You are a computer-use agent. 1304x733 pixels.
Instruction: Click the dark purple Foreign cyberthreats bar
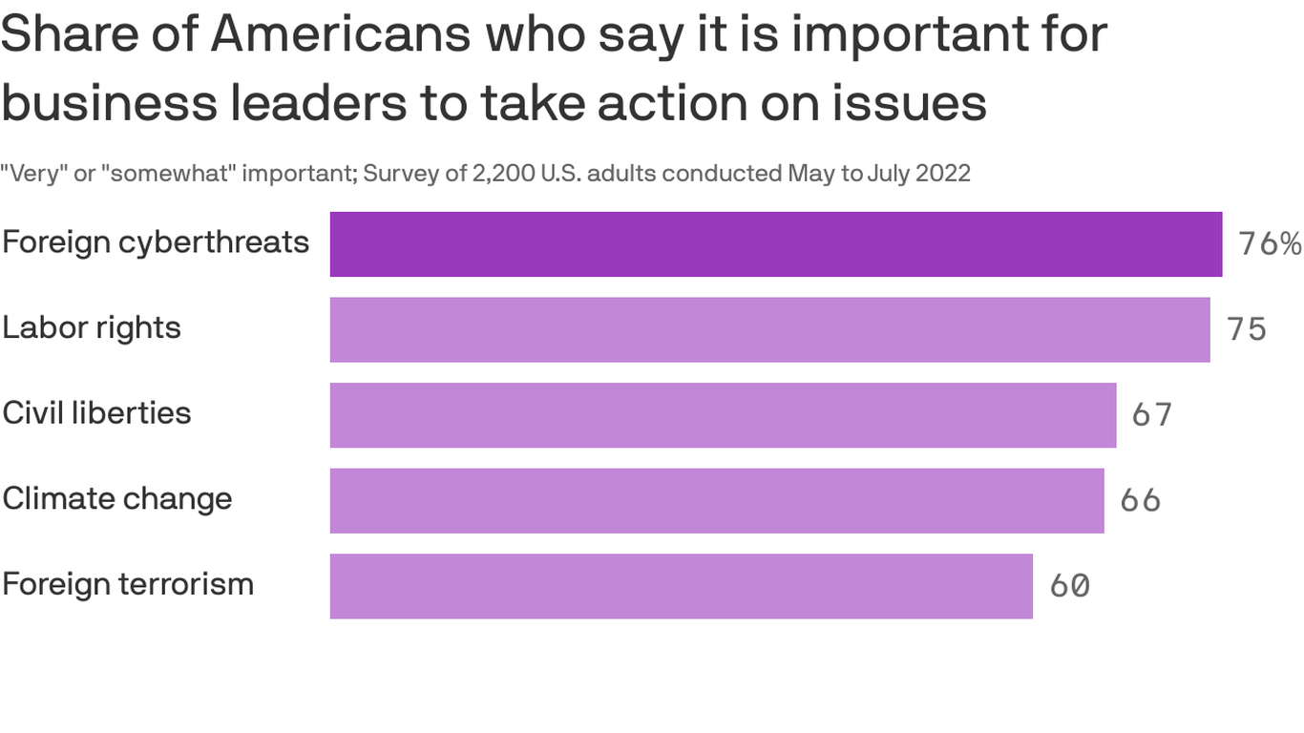(x=775, y=244)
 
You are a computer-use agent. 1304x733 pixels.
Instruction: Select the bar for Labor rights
(x=769, y=329)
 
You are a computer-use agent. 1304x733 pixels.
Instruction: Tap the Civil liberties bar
(x=723, y=415)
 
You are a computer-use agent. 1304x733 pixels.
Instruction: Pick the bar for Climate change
(x=717, y=500)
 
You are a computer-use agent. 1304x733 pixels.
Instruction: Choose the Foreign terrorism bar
(x=681, y=586)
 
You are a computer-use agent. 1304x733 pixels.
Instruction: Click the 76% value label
(x=1269, y=244)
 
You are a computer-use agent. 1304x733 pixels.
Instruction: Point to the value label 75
(x=1247, y=329)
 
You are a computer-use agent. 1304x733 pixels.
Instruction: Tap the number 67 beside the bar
(x=1152, y=415)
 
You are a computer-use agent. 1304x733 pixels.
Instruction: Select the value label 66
(x=1140, y=500)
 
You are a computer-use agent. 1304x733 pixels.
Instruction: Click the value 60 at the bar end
(x=1069, y=585)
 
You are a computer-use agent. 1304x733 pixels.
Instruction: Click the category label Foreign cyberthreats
(x=156, y=242)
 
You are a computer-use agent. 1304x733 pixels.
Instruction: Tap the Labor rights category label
(x=92, y=327)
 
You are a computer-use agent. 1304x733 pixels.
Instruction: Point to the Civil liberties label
(x=96, y=413)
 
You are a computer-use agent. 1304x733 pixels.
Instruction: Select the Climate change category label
(x=117, y=498)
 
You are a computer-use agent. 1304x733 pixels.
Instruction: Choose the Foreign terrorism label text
(x=128, y=583)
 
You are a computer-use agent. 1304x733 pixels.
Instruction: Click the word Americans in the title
(x=340, y=34)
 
